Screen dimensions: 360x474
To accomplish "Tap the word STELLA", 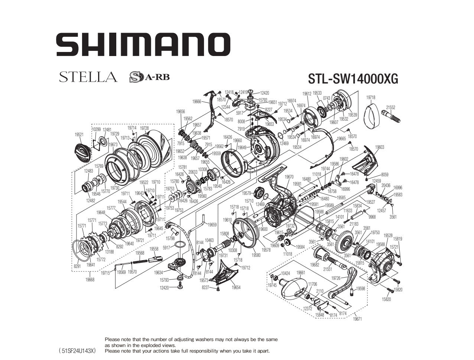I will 88,77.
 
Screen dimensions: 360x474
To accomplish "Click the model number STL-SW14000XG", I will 353,79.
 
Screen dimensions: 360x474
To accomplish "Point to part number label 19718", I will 370,98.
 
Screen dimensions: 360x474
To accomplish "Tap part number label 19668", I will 90,280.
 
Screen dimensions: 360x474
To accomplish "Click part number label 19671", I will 357,319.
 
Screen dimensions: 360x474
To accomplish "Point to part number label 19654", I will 236,287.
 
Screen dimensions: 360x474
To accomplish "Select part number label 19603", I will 380,147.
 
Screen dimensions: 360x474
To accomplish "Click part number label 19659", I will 212,225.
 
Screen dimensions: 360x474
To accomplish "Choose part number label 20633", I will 193,172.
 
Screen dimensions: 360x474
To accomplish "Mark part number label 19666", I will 197,101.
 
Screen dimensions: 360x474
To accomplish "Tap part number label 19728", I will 145,128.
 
